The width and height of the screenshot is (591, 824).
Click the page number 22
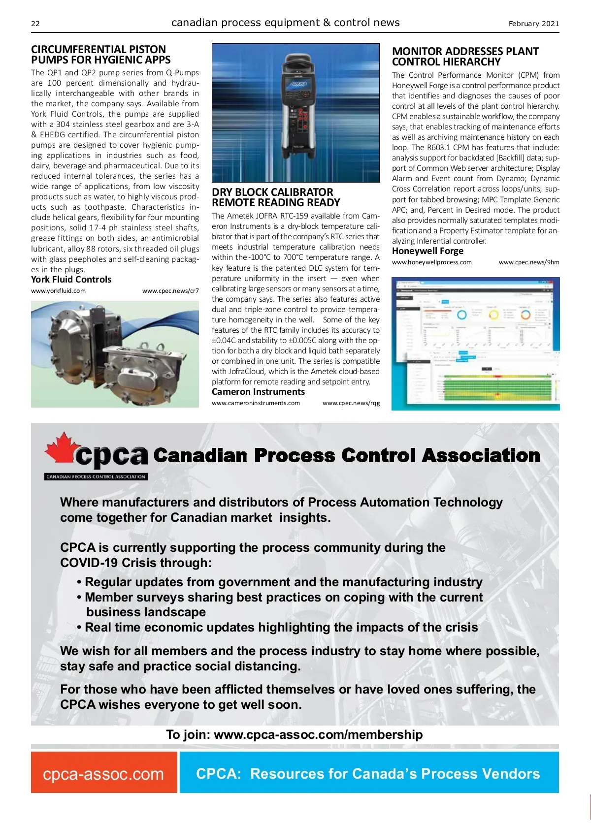pos(35,24)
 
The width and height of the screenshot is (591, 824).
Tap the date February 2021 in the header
pos(533,24)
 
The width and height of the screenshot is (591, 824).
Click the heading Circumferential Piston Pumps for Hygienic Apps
pos(100,55)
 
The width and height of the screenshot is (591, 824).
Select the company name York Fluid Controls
pos(71,280)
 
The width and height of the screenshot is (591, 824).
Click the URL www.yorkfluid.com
pos(58,291)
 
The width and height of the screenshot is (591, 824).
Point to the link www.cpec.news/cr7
pos(170,291)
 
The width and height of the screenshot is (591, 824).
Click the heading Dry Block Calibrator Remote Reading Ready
pos(275,197)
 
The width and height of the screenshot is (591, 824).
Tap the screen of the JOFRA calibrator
pos(297,84)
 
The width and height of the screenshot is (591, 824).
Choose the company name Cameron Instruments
pos(258,392)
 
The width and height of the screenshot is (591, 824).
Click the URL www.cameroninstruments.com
pos(256,403)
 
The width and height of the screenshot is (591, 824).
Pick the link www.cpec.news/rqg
pos(351,403)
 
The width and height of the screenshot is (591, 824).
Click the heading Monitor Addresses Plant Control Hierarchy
pos(465,57)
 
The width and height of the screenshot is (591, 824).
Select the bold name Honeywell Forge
pos(427,251)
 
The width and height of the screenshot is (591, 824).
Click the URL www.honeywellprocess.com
pos(431,262)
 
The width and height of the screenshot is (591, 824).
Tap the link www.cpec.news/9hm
pos(529,262)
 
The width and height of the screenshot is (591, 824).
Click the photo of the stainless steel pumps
pos(115,354)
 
